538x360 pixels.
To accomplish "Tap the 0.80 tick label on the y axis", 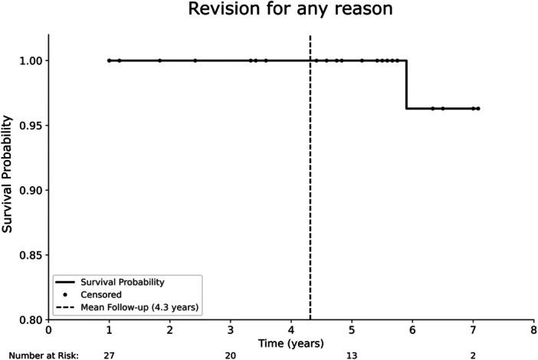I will click(x=31, y=319).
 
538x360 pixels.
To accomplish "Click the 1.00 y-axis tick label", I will click(x=31, y=61).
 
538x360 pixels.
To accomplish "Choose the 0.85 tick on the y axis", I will click(x=31, y=254).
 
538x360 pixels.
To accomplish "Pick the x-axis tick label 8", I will click(x=533, y=330).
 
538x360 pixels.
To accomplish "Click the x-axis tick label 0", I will click(x=48, y=330).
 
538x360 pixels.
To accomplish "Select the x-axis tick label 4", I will click(x=290, y=330).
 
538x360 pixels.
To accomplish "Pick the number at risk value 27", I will click(x=109, y=355).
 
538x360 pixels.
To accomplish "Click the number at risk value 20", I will click(x=230, y=355).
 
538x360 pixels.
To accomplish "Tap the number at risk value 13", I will click(x=351, y=355).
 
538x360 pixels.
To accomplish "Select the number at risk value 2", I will click(x=472, y=355).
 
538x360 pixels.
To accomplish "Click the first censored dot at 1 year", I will click(x=109, y=61).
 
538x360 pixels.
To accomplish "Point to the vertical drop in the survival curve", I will click(x=406, y=84).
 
